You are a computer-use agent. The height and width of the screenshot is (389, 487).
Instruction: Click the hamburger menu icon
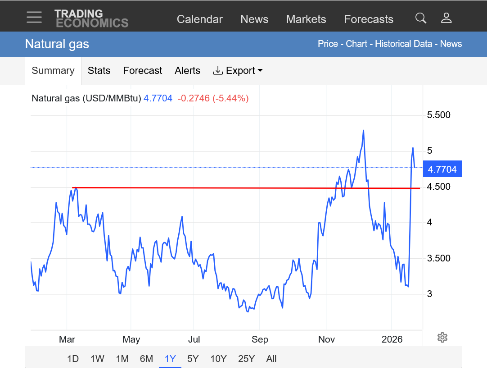(x=34, y=18)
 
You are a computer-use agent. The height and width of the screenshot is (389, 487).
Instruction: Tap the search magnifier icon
(x=420, y=18)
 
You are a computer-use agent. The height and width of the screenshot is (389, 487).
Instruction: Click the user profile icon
(x=446, y=18)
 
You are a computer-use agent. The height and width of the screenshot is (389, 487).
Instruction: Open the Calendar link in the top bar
(x=199, y=19)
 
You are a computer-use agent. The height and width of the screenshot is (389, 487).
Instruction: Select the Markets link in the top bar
(x=306, y=19)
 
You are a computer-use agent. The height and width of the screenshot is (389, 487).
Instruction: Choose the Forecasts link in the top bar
(x=369, y=19)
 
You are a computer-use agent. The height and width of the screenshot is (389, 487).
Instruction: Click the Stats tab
(x=99, y=71)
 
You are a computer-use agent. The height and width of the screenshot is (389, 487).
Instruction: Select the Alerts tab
(x=187, y=71)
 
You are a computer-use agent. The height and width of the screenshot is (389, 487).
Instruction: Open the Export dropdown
(x=238, y=71)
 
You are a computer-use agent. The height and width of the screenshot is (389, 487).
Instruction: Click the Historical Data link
(x=404, y=44)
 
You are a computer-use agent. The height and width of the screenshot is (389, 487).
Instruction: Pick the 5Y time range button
(x=193, y=359)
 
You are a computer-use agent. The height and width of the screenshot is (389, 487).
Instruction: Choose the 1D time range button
(x=73, y=359)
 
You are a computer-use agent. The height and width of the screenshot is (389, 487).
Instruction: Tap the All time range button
(x=271, y=359)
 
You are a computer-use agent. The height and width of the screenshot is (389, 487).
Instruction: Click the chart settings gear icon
(x=442, y=337)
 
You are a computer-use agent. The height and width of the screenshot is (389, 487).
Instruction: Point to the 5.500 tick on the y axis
(x=438, y=115)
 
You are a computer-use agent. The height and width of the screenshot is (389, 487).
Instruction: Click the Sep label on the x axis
(x=260, y=339)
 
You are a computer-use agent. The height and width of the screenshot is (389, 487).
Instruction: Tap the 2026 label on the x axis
(x=391, y=339)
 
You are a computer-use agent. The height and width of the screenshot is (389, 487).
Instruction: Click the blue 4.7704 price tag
(x=442, y=169)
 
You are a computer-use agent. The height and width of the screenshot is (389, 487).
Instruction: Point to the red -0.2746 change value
(x=194, y=98)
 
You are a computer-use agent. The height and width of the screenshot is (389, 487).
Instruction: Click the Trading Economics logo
(x=91, y=18)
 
